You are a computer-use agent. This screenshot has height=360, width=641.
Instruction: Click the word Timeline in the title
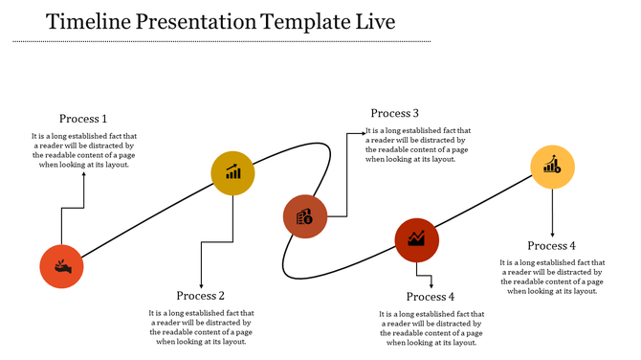[x=87, y=21]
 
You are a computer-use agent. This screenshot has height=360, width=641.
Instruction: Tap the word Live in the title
[x=373, y=21]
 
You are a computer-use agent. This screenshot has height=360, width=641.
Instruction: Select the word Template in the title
[x=308, y=21]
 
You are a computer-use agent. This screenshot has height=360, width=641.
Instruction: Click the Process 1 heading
[x=83, y=119]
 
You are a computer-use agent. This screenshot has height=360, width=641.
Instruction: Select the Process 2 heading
[x=201, y=296]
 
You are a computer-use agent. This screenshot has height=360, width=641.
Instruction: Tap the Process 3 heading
[x=395, y=114]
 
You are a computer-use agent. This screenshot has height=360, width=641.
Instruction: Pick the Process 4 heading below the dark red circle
[x=430, y=297]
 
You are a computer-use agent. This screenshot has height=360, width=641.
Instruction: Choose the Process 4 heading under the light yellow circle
[x=552, y=246]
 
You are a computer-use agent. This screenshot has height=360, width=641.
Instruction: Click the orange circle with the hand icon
[x=61, y=266]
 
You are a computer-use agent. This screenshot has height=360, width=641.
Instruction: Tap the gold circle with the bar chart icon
[x=233, y=173]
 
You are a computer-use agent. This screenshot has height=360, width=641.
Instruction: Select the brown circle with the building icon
[x=305, y=216]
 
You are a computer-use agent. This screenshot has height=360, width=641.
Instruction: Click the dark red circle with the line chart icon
[x=417, y=239]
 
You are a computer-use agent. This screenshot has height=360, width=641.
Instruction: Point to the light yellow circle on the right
[x=553, y=167]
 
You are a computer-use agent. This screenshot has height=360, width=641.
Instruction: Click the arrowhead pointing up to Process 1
[x=83, y=175]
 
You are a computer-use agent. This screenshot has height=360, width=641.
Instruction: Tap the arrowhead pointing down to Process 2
[x=201, y=283]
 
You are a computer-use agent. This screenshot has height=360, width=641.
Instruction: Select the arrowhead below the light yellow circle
[x=553, y=234]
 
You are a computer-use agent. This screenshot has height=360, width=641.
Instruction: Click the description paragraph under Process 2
[x=201, y=327]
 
